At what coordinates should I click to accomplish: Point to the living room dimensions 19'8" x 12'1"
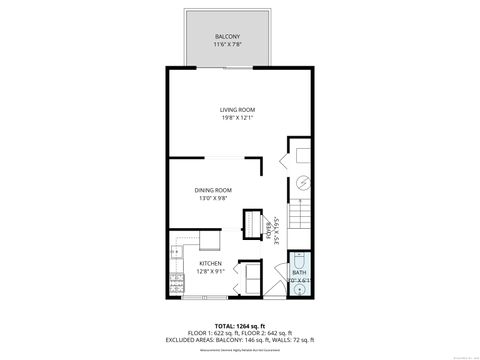coord(238,118)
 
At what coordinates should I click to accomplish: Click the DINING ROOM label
coord(213,189)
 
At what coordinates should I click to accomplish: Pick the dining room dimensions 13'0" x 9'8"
coord(213,198)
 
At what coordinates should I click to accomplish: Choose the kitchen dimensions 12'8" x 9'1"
coord(197,270)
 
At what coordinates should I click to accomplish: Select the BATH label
coord(299,272)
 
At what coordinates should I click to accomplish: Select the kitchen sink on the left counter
coord(177,256)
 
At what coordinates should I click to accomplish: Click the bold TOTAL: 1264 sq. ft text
coord(238,325)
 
